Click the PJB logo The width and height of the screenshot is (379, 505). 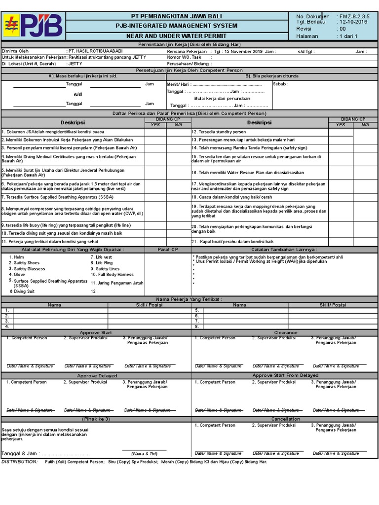point(33,26)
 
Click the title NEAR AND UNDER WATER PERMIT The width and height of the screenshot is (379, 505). point(176,36)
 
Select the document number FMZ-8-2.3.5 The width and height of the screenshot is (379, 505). point(353,16)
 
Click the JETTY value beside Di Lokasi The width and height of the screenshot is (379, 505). point(75,64)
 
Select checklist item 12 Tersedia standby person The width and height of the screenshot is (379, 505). point(219,132)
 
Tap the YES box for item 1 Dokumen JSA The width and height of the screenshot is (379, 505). point(155,132)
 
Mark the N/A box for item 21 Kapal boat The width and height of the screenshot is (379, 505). point(365,242)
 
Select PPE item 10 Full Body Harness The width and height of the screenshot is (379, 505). point(112,274)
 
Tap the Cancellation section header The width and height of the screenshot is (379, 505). point(285,419)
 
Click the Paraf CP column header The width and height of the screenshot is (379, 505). point(168,250)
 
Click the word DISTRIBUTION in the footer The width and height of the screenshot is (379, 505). point(20,462)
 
